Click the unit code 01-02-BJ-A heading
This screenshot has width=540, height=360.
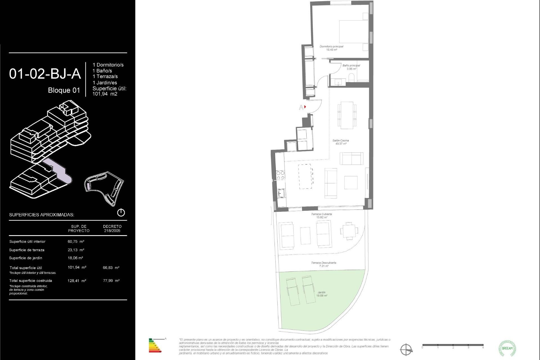[45, 74]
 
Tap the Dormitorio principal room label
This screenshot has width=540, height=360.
[331, 48]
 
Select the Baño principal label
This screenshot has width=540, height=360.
[351, 67]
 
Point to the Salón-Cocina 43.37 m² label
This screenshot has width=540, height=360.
[341, 142]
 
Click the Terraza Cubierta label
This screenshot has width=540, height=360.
[321, 215]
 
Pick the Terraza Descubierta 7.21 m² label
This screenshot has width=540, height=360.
[323, 264]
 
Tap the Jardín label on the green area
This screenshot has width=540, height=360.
[321, 294]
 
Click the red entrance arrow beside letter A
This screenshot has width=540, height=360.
[305, 107]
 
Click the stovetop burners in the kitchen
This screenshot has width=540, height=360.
[280, 175]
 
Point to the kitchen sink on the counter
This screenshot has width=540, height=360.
[281, 193]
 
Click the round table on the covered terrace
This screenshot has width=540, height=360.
[349, 231]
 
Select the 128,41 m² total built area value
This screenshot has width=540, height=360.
[77, 281]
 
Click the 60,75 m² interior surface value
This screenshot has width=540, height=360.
[76, 242]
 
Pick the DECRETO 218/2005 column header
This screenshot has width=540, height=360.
[112, 228]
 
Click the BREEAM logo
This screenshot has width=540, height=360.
[507, 348]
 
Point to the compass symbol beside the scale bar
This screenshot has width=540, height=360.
[406, 350]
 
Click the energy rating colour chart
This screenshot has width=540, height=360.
[155, 346]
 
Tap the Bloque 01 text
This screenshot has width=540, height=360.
[64, 90]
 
